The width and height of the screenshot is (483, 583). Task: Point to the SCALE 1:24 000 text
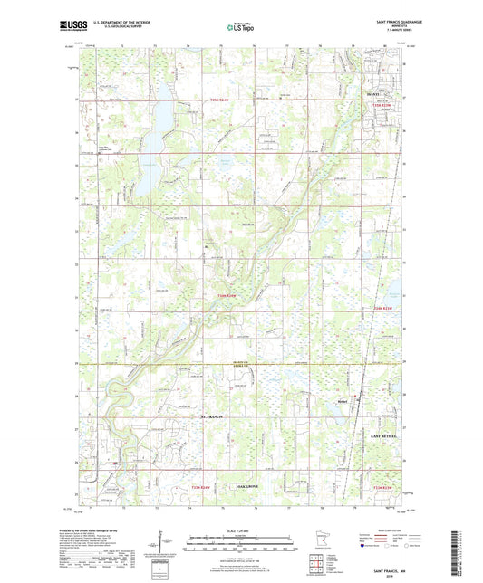click(x=241, y=529)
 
